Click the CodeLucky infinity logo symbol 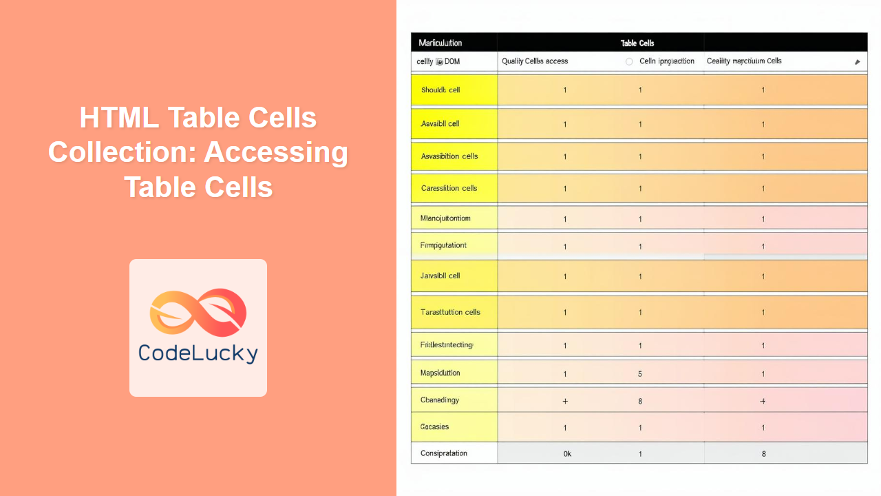click(x=198, y=313)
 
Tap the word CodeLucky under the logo click(x=198, y=353)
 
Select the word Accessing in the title click(x=275, y=152)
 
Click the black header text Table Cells click(x=637, y=43)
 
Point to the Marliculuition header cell click(x=440, y=43)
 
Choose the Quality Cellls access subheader click(x=535, y=61)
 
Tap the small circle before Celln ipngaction click(x=629, y=61)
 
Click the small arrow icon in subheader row click(x=857, y=62)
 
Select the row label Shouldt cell click(x=440, y=90)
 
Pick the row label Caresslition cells click(x=449, y=188)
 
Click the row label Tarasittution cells click(x=450, y=312)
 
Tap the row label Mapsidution click(x=440, y=373)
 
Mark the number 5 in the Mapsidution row click(x=640, y=374)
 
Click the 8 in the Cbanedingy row click(x=640, y=401)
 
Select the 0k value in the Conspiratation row click(x=567, y=454)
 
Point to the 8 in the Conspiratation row click(x=763, y=454)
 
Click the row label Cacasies click(x=434, y=427)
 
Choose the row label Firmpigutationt click(x=443, y=245)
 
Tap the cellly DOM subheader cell click(x=438, y=61)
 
